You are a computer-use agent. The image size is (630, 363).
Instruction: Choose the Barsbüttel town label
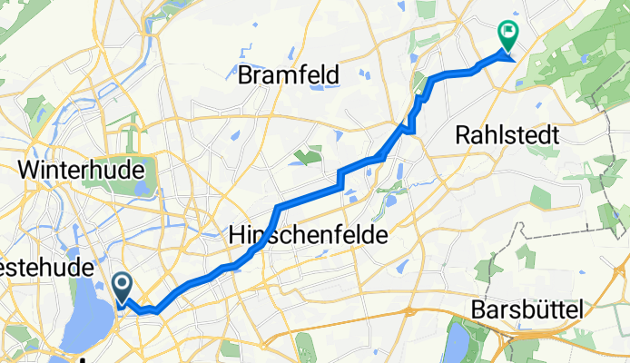tap(527, 310)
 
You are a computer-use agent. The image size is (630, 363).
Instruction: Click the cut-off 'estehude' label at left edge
tap(45, 269)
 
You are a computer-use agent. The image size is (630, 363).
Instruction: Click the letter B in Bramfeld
tap(245, 74)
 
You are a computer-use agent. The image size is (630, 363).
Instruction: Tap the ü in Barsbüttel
tap(536, 310)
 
